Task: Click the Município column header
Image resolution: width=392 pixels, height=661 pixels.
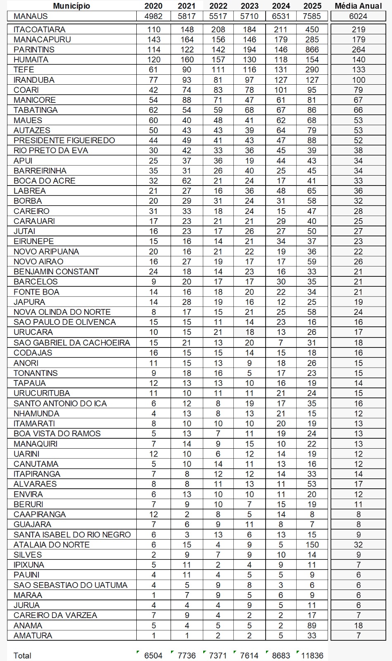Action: click(71, 6)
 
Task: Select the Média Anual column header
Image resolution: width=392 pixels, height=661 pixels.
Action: click(358, 6)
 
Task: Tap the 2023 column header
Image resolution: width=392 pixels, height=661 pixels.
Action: click(249, 6)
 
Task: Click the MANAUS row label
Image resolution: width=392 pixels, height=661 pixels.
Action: click(31, 16)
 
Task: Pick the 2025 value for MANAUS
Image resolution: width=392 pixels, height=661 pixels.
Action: click(312, 16)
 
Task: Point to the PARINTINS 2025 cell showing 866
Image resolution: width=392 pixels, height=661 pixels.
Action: click(312, 50)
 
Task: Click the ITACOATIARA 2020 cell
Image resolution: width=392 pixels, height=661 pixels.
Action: click(153, 29)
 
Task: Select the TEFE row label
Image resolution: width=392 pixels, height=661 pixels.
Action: click(24, 69)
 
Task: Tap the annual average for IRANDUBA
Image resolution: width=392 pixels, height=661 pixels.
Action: click(358, 80)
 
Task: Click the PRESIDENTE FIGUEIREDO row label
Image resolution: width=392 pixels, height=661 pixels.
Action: click(64, 140)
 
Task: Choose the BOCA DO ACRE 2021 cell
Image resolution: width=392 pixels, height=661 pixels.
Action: click(187, 181)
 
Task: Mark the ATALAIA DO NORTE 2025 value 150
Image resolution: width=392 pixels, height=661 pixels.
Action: click(312, 544)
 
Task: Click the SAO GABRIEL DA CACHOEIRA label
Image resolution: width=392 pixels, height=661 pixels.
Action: click(71, 342)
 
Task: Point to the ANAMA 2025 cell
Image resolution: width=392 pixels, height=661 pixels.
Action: click(312, 625)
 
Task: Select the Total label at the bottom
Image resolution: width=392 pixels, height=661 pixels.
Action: click(22, 655)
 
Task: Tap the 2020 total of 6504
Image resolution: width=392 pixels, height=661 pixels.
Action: click(153, 655)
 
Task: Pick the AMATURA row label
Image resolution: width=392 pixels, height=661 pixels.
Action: click(33, 635)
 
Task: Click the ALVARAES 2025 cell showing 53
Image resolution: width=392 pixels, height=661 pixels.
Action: click(312, 484)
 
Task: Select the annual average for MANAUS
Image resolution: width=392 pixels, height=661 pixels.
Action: click(358, 16)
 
